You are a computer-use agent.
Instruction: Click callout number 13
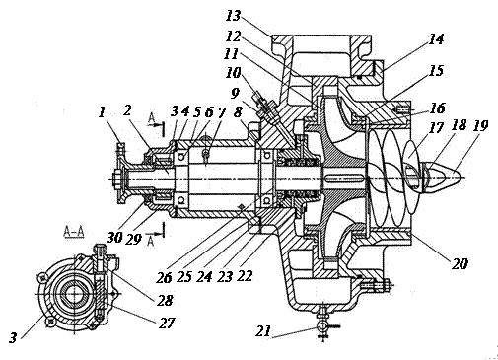(x=234, y=16)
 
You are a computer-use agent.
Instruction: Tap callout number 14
(x=436, y=38)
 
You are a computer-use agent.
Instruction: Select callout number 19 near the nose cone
(x=480, y=125)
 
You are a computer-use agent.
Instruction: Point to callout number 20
(x=460, y=263)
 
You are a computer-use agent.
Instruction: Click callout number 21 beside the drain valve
(x=264, y=331)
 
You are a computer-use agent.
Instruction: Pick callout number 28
(x=165, y=300)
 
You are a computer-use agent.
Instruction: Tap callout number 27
(x=167, y=323)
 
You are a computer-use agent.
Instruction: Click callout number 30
(x=114, y=237)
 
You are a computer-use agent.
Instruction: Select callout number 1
(x=102, y=113)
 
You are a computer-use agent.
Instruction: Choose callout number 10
(x=233, y=72)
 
